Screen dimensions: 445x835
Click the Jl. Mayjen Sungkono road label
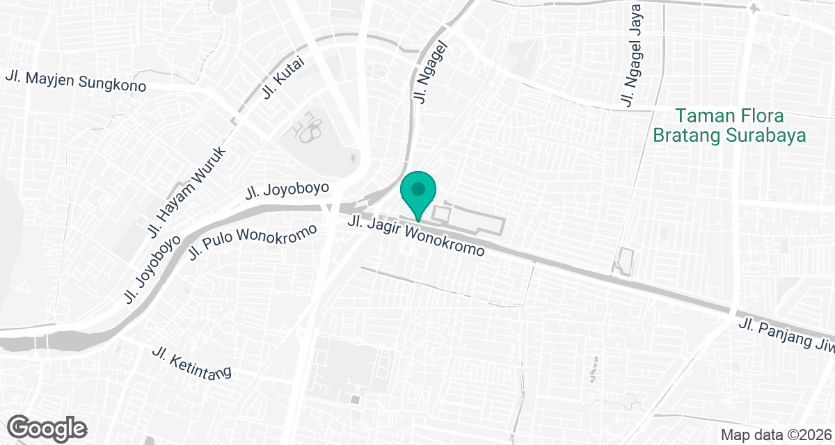point(76,81)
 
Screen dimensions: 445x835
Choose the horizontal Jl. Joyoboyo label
point(287,191)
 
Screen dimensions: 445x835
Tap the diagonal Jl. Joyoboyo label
point(152,268)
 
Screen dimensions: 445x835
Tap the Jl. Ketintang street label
point(191,363)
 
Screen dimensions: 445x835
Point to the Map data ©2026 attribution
point(775,434)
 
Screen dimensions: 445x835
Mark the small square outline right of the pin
point(442,211)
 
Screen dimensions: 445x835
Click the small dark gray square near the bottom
point(356,400)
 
